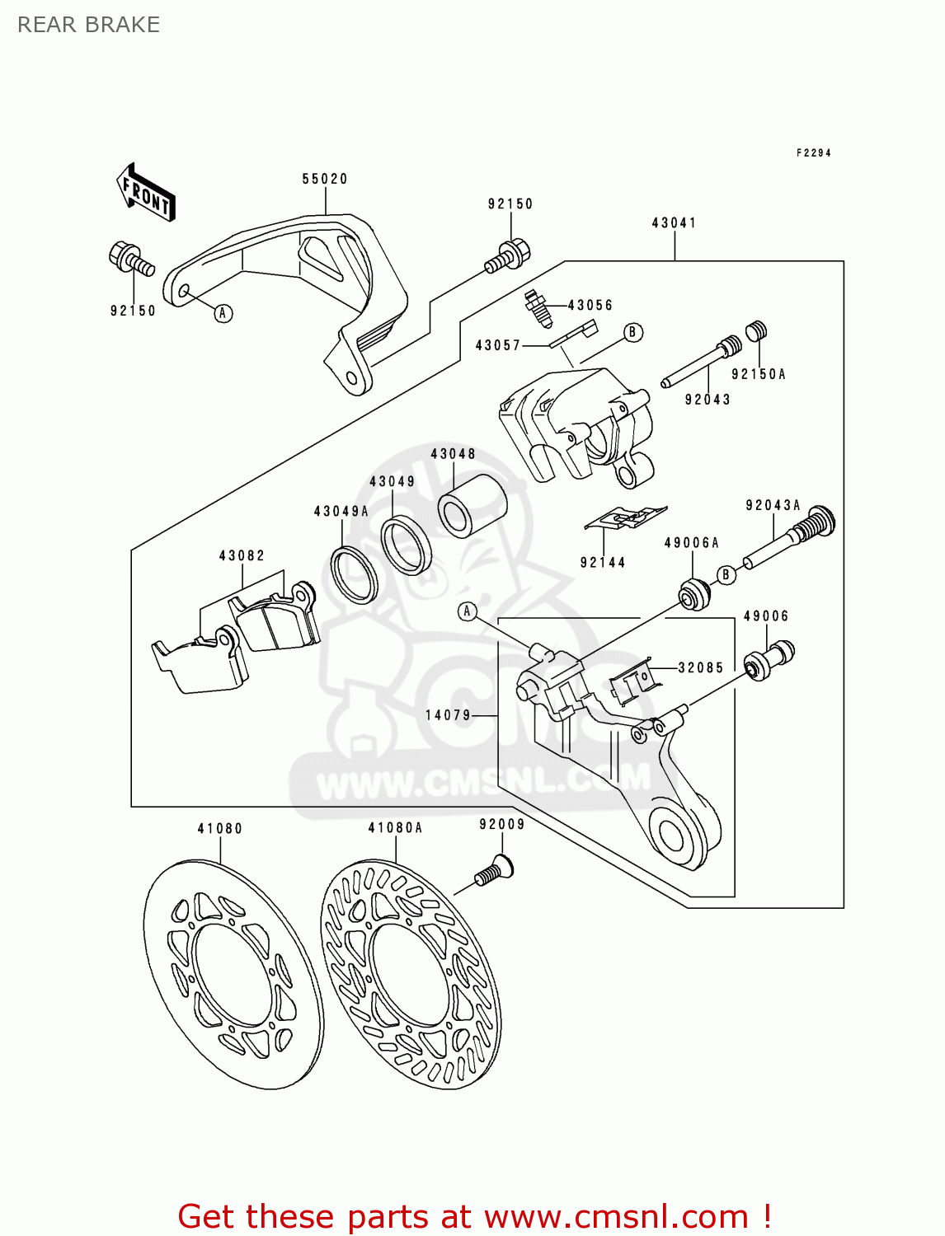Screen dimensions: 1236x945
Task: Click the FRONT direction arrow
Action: [146, 192]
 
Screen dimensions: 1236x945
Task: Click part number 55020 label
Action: [325, 179]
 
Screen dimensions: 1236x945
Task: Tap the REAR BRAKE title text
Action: [88, 25]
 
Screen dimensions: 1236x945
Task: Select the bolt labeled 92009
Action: [494, 872]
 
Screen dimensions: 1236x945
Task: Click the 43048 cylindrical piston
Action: [472, 505]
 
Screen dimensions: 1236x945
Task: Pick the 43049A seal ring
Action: [354, 574]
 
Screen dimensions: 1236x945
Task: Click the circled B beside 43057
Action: [632, 333]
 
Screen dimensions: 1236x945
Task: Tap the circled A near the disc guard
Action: [223, 313]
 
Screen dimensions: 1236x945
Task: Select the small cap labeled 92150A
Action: [757, 330]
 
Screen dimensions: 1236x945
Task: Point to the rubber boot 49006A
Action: [693, 594]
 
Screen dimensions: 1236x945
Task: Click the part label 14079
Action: [448, 715]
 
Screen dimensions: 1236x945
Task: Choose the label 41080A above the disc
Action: [395, 828]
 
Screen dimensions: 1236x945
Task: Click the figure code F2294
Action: [813, 152]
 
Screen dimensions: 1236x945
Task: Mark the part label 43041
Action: [674, 222]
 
